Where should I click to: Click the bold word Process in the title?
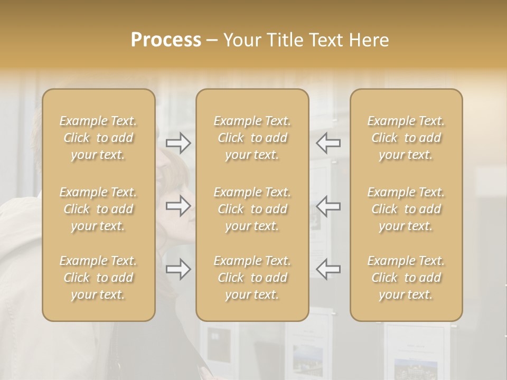166,40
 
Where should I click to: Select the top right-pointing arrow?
178,142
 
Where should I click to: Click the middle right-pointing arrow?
178,206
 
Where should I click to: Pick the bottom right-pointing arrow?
178,269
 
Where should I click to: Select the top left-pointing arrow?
328,142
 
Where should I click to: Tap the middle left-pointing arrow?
328,206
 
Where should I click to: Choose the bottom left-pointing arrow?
328,269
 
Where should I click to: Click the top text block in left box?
98,138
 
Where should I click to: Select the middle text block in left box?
98,209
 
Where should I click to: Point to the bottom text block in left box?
98,278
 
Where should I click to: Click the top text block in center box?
252,138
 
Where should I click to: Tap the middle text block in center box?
252,209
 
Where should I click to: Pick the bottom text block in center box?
252,278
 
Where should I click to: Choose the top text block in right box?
406,138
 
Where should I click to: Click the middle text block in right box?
406,209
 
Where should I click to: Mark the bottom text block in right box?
406,278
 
